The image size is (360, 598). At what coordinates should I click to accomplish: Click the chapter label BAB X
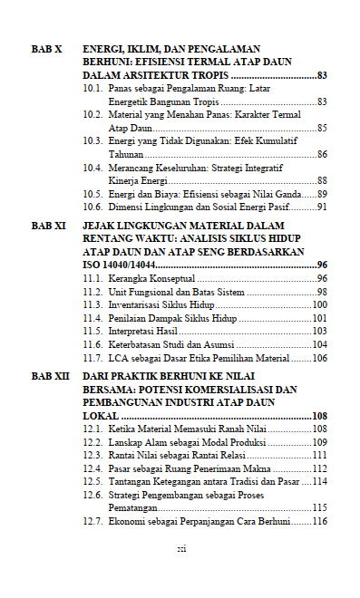[x=46, y=48]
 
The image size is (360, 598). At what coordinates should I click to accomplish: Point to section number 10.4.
[x=92, y=168]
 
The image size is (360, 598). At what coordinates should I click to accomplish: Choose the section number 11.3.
[x=92, y=304]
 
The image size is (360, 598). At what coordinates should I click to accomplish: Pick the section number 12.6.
[x=92, y=496]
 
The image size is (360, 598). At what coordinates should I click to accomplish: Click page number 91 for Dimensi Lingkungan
[x=321, y=207]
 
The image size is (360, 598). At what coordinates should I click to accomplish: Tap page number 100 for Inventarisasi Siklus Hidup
[x=318, y=304]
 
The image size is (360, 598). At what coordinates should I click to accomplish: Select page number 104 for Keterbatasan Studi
[x=318, y=345]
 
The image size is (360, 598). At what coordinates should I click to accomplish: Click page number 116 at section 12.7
[x=318, y=522]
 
